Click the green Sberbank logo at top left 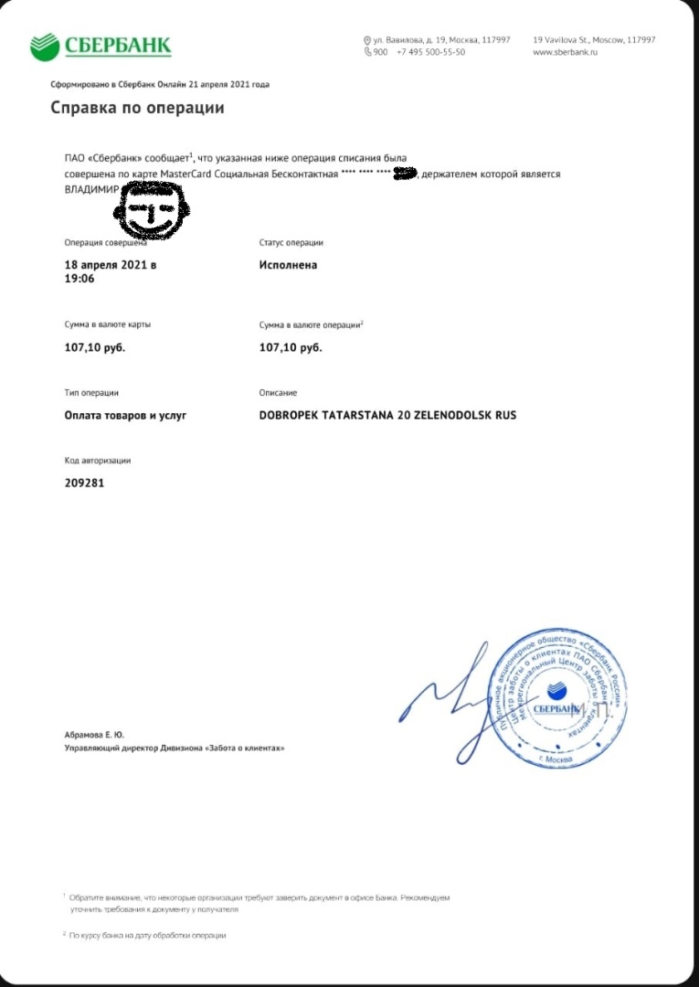[101, 45]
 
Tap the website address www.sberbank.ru [564, 52]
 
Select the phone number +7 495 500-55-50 [430, 52]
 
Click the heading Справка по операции [137, 108]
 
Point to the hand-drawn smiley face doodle [152, 209]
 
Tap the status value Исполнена [288, 265]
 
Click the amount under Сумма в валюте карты [95, 347]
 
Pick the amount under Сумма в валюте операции [291, 347]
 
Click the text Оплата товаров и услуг [125, 415]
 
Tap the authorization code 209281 [84, 483]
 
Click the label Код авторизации [98, 461]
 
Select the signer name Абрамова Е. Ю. [94, 734]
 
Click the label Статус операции [291, 242]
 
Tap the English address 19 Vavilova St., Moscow [593, 40]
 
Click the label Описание [278, 393]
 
